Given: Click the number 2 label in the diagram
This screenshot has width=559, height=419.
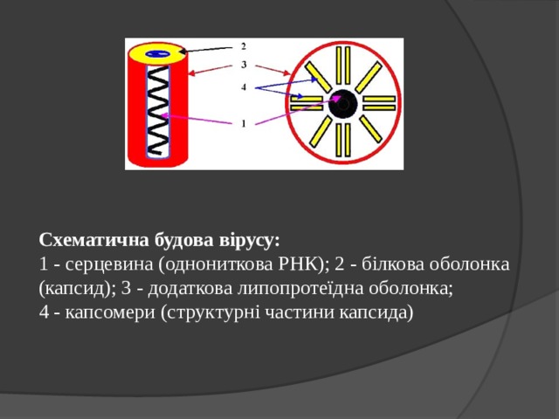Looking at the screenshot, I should (x=244, y=45).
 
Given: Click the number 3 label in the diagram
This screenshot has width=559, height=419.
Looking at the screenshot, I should (x=244, y=65).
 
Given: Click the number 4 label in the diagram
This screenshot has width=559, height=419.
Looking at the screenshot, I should (x=244, y=86).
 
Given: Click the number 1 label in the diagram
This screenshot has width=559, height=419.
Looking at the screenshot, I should (x=244, y=123).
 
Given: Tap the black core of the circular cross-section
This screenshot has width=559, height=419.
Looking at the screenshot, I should (x=342, y=103).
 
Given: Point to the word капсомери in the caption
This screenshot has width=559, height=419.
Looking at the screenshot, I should (x=107, y=312).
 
